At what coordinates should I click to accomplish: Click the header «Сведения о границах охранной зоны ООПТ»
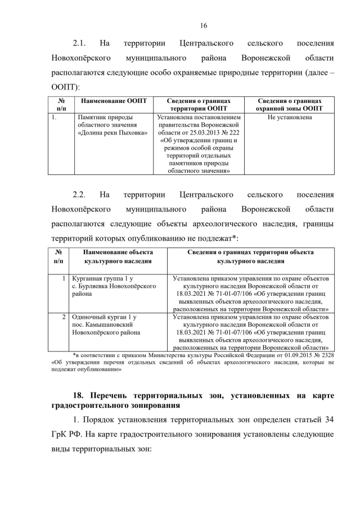290,105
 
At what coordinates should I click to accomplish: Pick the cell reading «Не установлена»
290,118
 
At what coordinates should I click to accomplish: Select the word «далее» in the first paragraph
312,73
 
